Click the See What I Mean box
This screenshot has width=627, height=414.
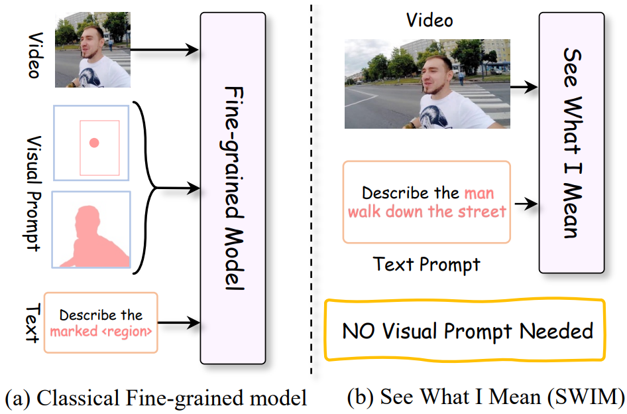[571, 142]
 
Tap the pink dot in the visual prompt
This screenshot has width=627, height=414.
[94, 142]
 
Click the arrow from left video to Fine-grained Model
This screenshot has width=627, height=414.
[166, 49]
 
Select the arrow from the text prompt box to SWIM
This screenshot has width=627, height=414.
[525, 204]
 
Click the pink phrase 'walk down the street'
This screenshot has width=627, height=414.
[427, 212]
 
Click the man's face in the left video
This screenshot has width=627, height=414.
[93, 42]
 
